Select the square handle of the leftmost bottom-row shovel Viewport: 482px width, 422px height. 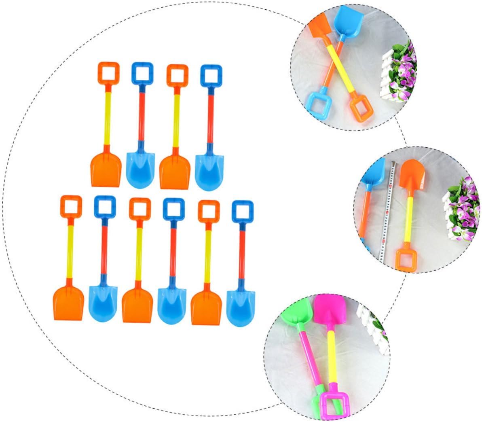point(71,207)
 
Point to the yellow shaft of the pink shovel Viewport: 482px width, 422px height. point(328,356)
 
